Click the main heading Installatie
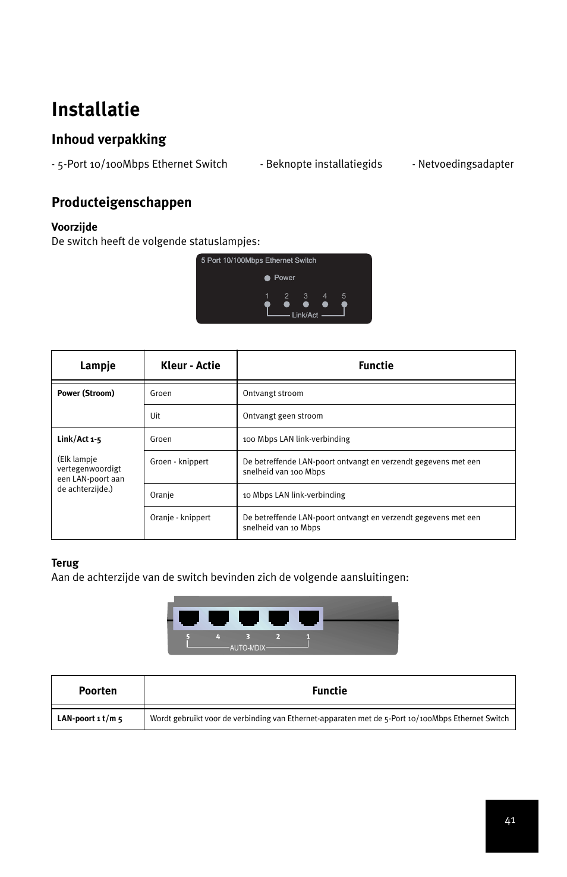click(96, 109)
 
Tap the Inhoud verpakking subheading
click(109, 139)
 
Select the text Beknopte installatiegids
click(324, 164)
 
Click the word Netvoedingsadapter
click(465, 164)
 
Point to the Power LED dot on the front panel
click(267, 278)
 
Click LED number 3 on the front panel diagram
click(305, 304)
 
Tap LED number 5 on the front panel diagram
click(344, 304)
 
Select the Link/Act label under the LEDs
click(305, 315)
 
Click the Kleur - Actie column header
click(190, 366)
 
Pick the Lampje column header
click(97, 366)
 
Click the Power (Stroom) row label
click(86, 394)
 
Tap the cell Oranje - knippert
click(180, 518)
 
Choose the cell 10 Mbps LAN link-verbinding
click(294, 495)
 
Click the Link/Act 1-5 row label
click(79, 439)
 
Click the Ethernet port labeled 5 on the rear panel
click(188, 618)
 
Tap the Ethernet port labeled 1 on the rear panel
click(308, 618)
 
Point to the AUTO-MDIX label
click(247, 648)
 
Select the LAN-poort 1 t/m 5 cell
click(90, 719)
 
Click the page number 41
click(510, 821)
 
